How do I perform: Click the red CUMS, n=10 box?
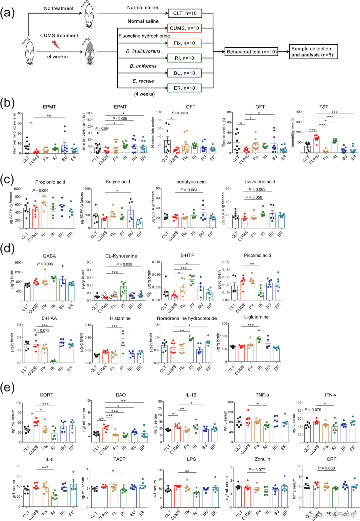point(184,28)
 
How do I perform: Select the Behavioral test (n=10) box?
point(252,52)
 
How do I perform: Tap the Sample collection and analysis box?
point(313,52)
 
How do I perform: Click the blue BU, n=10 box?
point(184,73)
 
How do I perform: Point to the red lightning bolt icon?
point(55,44)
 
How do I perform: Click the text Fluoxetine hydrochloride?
point(144,36)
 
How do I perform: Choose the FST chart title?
point(323,107)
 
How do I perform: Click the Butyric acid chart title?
point(118,182)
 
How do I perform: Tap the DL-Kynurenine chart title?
point(121,256)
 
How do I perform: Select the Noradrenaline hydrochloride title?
point(187,318)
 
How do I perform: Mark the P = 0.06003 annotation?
point(180,113)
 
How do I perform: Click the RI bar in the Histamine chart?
point(123,352)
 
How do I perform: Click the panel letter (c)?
point(7,180)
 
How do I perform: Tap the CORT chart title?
point(46,395)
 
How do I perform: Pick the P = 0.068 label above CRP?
point(326,468)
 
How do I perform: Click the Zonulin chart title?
point(262,459)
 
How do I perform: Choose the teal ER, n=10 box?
point(184,88)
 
